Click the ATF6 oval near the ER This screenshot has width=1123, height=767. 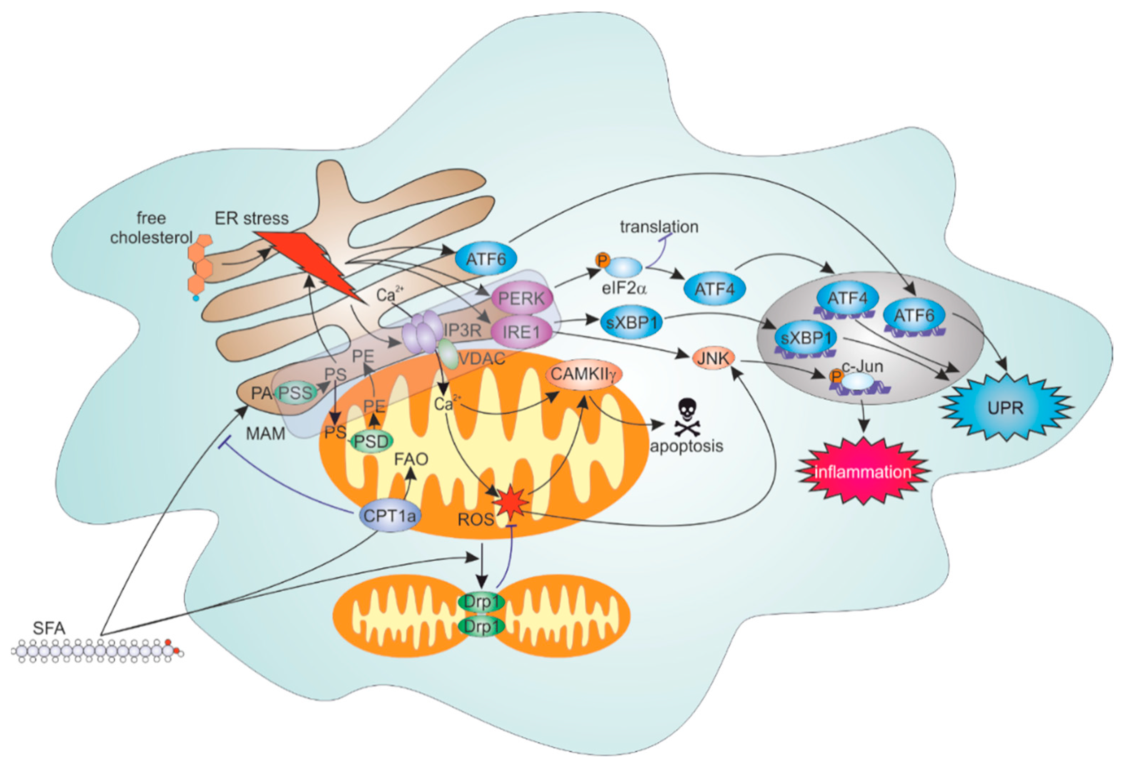486,259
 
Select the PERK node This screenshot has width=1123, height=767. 521,298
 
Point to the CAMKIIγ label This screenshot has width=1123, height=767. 583,374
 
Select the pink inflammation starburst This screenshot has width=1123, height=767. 863,471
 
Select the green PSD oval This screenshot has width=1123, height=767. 371,441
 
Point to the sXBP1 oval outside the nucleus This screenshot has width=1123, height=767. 632,322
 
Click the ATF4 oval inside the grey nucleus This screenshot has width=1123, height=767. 846,299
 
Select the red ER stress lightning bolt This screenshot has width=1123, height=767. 309,263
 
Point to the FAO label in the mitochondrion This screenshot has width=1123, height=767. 411,458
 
